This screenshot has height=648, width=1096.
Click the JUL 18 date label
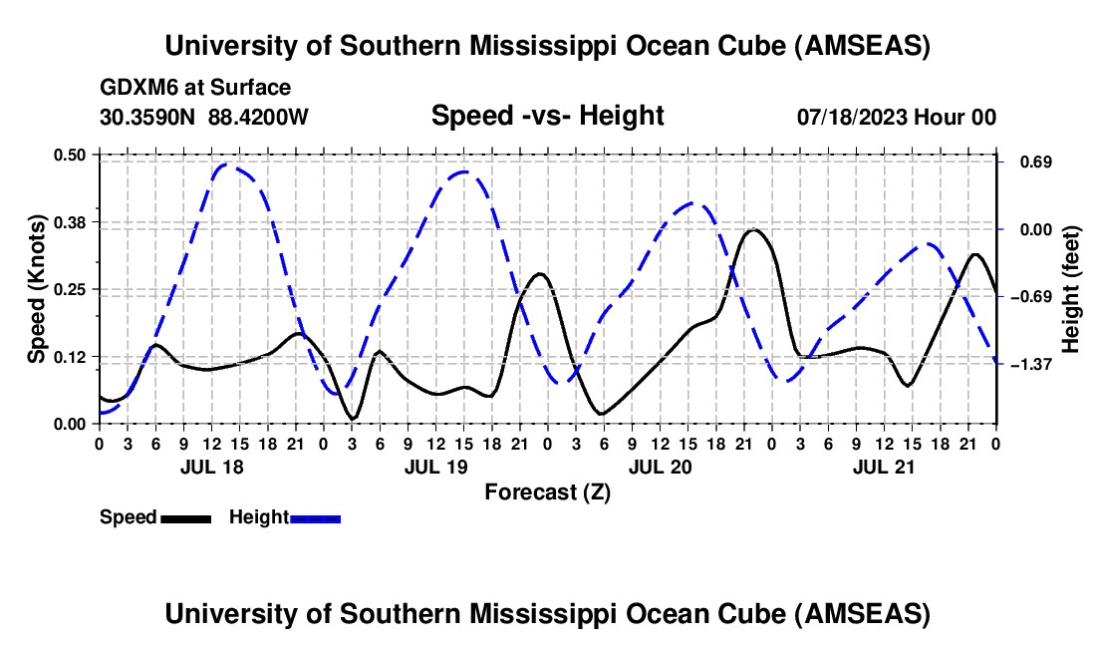(x=210, y=466)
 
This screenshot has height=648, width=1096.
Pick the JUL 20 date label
(x=660, y=466)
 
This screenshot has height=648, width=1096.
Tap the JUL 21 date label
(x=884, y=466)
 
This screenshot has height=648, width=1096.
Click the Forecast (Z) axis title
(x=547, y=491)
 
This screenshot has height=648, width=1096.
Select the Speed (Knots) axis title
(x=37, y=289)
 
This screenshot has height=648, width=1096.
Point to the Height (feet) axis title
(x=1071, y=289)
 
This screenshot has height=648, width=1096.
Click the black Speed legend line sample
(x=186, y=517)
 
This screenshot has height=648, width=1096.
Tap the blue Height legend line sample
(x=315, y=517)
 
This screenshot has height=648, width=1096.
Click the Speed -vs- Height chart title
(x=547, y=116)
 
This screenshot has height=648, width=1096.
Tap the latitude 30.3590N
(x=149, y=117)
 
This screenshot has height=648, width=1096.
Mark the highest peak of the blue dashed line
(x=226, y=164)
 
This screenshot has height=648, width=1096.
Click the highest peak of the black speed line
(x=754, y=230)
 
